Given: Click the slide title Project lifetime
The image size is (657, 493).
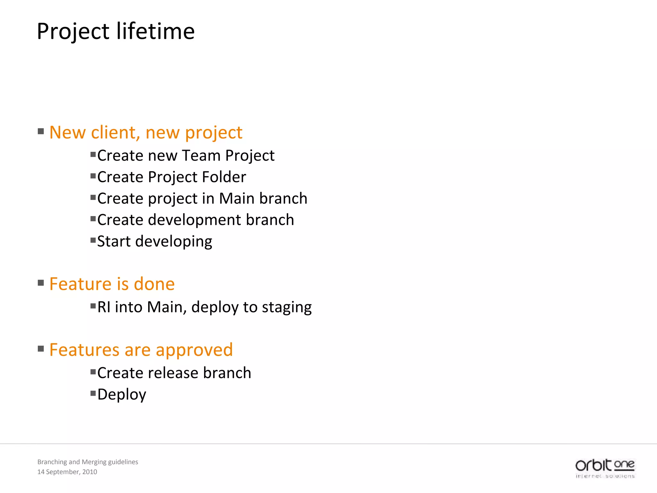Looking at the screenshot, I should pyautogui.click(x=115, y=31).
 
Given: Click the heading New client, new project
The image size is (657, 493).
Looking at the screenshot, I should pyautogui.click(x=146, y=133).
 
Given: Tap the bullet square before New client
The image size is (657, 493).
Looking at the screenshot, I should pyautogui.click(x=41, y=131).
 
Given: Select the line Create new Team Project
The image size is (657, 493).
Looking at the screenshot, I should pyautogui.click(x=186, y=156).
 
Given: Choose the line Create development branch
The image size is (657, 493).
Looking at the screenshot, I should pyautogui.click(x=195, y=220).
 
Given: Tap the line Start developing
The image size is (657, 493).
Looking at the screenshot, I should pyautogui.click(x=155, y=241).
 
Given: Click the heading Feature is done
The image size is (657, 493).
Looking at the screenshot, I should pyautogui.click(x=112, y=284).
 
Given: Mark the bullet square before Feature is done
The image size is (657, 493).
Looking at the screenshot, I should pyautogui.click(x=41, y=283).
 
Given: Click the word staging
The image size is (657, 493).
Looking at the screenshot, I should pyautogui.click(x=286, y=307).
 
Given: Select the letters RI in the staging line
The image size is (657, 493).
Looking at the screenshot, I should pyautogui.click(x=104, y=307).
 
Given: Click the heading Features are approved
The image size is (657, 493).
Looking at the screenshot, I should pyautogui.click(x=141, y=350).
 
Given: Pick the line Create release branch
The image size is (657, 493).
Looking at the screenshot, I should pyautogui.click(x=174, y=373).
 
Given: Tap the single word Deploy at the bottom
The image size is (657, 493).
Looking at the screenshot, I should pyautogui.click(x=122, y=394).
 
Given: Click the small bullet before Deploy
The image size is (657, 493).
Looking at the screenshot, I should pyautogui.click(x=93, y=393).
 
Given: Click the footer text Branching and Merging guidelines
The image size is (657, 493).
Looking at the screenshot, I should pyautogui.click(x=88, y=462).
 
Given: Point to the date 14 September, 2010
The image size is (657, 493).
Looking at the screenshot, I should pyautogui.click(x=67, y=472).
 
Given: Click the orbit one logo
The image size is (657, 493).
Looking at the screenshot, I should pyautogui.click(x=605, y=468).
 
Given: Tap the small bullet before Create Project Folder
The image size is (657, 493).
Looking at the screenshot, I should pyautogui.click(x=93, y=176).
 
